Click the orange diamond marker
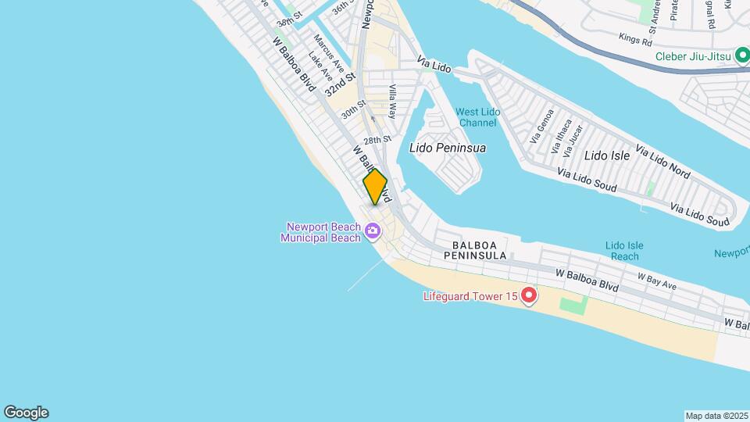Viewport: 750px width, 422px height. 375,188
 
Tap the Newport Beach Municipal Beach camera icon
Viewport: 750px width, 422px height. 373,231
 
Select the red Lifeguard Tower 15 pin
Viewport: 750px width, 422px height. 529,295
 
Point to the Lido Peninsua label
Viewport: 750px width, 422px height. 447,148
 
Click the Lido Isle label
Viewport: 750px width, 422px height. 607,156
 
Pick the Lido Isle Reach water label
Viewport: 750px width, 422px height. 625,251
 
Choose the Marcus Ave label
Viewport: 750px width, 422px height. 325,50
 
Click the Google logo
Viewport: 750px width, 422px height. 26,413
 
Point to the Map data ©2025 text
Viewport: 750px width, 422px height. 716,416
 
